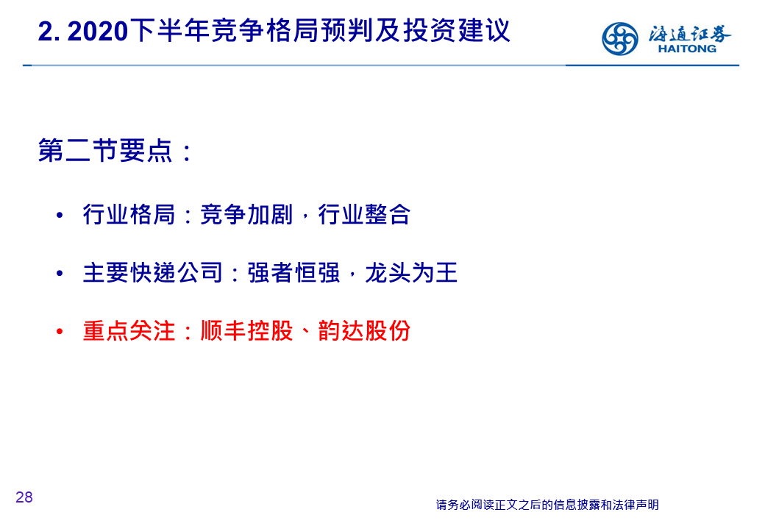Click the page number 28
coord(24,497)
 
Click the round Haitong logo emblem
coord(619,38)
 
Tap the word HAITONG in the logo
coord(687,49)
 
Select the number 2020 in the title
coord(98,32)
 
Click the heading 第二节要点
coord(105,150)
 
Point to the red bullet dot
coord(60,332)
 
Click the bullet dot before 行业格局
coord(60,215)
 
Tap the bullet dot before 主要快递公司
coord(60,273)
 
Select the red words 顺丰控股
coord(246,331)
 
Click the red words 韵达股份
coord(364,331)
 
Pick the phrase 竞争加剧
coord(246,214)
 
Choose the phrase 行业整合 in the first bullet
coord(364,214)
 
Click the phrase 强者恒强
coord(293,272)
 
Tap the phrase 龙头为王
coord(411,272)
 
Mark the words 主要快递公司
coord(153,272)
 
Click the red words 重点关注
coord(129,331)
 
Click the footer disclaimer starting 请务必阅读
coord(547,505)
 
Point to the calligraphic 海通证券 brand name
coord(689,34)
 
